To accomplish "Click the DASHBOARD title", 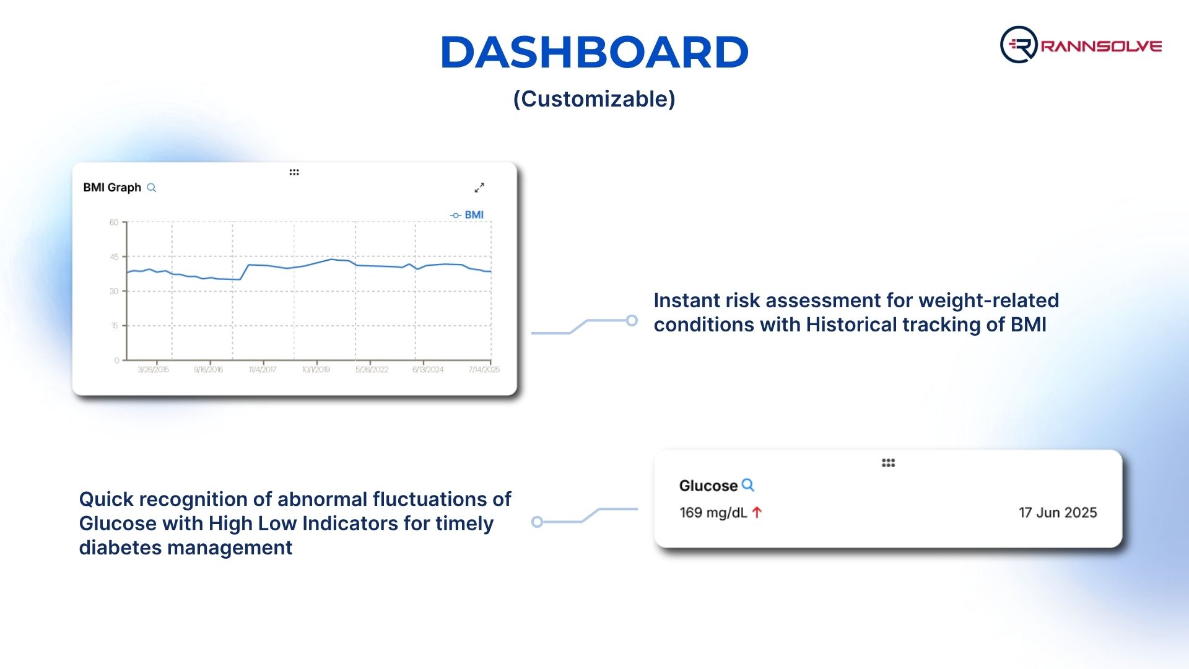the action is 594,52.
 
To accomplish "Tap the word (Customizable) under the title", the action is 594,99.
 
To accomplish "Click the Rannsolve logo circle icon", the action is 1019,45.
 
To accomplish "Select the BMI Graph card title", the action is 112,188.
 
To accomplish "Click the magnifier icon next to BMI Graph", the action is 151,188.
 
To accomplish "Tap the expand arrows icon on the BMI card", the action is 479,187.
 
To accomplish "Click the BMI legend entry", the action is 467,215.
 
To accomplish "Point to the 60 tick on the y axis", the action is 114,222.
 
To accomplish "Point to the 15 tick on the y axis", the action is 115,326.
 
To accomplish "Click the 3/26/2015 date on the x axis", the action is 153,370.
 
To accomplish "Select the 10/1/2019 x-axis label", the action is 316,370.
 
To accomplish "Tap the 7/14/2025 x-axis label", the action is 484,370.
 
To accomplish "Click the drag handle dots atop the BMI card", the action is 294,172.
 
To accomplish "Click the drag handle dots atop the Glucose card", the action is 889,463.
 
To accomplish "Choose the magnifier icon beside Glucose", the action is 748,485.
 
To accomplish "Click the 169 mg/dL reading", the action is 713,513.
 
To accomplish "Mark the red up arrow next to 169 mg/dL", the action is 757,512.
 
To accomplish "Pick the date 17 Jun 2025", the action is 1058,513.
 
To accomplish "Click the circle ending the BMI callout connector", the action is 632,320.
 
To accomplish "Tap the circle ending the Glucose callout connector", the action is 538,522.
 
